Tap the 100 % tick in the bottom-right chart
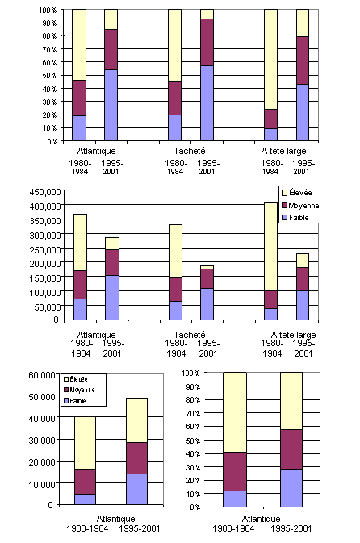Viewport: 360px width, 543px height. coord(187,374)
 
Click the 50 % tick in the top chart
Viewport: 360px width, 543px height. coord(49,76)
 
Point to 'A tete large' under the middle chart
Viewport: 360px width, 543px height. coord(292,335)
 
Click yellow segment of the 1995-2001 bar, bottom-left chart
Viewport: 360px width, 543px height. coord(136,420)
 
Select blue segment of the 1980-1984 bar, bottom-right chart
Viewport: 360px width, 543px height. coord(235,499)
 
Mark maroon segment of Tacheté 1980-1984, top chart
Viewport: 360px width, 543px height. coord(174,98)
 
